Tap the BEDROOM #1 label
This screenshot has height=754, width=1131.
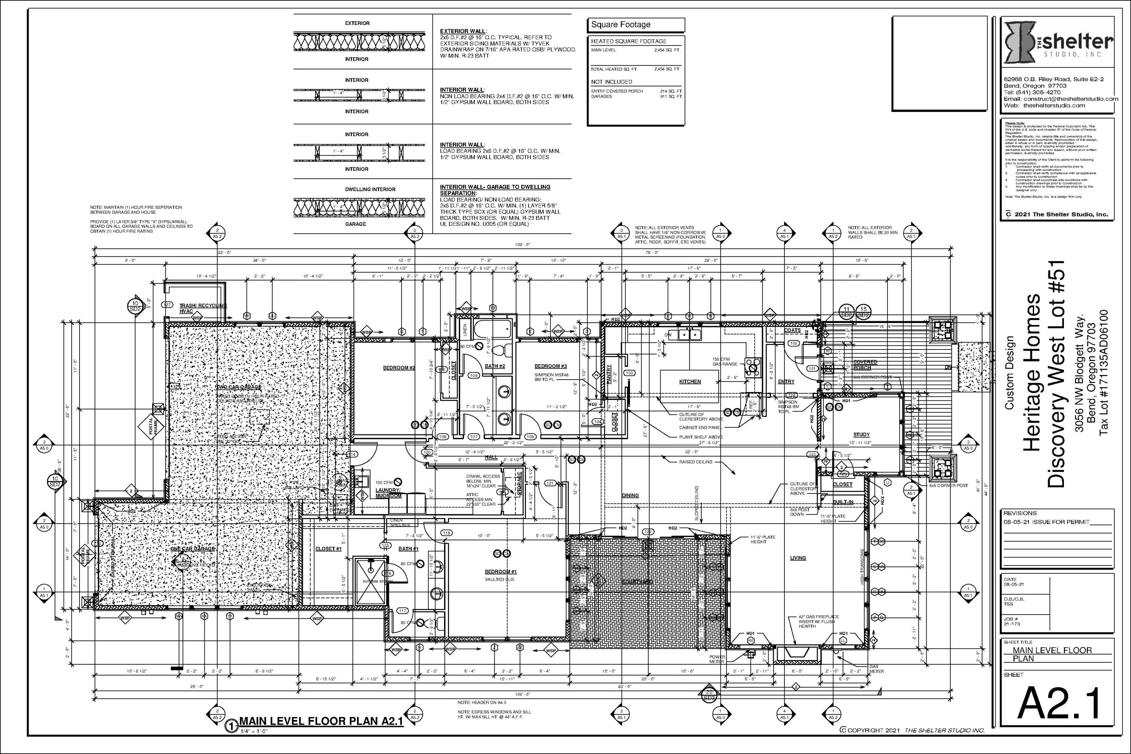pos(500,572)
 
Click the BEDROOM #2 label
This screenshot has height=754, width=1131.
pos(398,368)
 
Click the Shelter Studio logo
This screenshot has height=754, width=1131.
pos(1058,49)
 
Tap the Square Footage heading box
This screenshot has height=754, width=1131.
pos(636,25)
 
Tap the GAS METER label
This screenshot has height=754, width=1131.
pos(876,669)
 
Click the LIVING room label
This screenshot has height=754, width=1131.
pos(798,558)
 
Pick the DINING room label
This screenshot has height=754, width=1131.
pos(630,495)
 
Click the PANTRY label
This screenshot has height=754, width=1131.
pos(609,374)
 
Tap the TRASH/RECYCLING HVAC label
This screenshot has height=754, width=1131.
pos(202,308)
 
